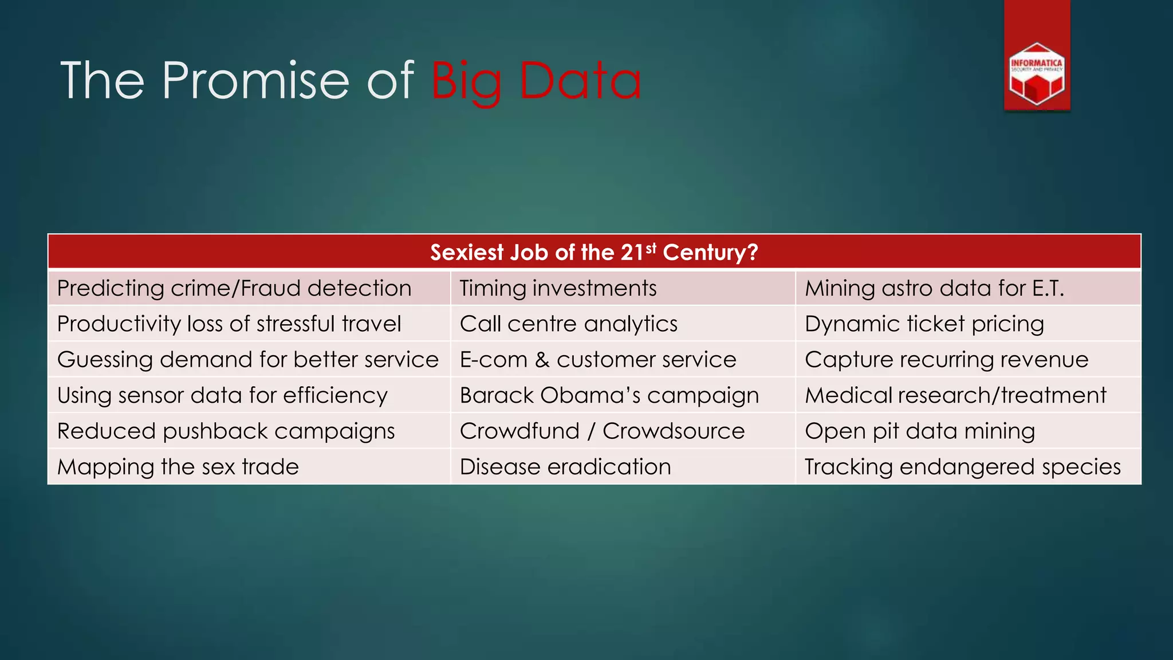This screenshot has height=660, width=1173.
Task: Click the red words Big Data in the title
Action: (x=536, y=81)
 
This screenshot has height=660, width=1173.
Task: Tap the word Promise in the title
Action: (x=255, y=81)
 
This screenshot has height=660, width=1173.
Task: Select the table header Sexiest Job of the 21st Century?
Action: (x=594, y=252)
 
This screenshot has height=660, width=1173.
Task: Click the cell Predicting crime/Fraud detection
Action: (x=234, y=288)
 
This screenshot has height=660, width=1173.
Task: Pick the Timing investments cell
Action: (x=558, y=288)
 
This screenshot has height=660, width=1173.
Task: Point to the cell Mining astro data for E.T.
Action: (x=934, y=288)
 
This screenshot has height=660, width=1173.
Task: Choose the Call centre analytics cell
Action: (x=568, y=324)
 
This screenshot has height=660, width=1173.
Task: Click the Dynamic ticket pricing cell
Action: (x=924, y=324)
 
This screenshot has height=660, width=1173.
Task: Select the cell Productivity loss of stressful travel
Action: (x=229, y=324)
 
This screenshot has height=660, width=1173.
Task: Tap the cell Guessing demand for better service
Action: (x=247, y=360)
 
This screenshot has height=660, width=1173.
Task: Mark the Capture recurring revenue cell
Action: (x=946, y=360)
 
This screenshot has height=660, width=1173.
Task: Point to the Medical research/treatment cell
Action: (x=955, y=395)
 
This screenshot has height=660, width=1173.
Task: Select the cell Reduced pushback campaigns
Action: (x=226, y=431)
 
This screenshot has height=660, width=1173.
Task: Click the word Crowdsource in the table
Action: (x=673, y=431)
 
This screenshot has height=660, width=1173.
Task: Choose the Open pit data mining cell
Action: (x=920, y=431)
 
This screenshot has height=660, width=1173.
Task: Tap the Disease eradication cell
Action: (x=565, y=467)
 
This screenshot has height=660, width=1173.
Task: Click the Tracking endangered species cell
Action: (x=962, y=467)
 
